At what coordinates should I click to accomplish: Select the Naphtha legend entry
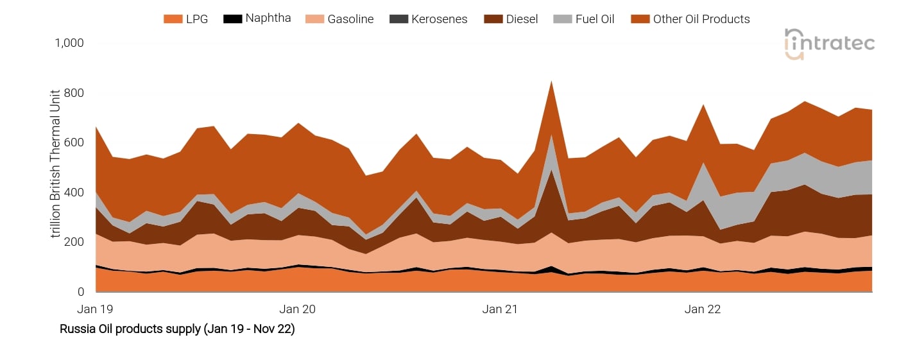pos(268,19)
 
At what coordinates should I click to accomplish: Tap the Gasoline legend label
pos(350,19)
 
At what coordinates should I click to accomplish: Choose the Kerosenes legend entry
pos(440,19)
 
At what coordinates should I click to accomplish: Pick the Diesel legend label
pos(522,19)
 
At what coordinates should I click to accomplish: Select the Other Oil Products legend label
pos(701,19)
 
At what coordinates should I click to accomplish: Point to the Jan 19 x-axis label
pos(95,309)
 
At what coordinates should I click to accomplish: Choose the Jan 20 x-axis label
pos(298,309)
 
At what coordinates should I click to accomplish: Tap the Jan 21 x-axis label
pos(500,309)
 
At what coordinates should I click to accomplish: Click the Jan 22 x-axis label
pos(703,309)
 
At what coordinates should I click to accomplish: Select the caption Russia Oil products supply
pos(177,329)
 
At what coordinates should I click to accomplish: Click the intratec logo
pos(830,44)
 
